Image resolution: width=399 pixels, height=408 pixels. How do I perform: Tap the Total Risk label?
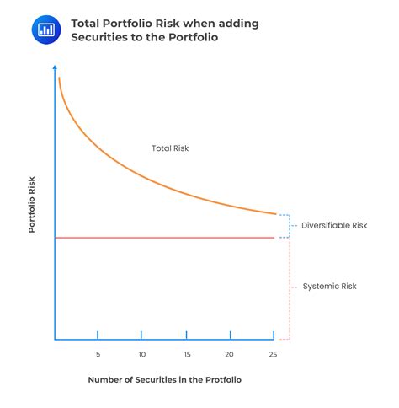click(170, 148)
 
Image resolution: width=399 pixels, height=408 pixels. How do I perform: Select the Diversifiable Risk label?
click(334, 226)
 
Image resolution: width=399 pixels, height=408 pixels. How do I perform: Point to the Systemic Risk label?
click(329, 287)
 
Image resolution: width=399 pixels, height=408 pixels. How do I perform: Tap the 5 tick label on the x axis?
click(98, 354)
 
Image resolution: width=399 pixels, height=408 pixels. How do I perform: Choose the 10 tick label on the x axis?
click(141, 354)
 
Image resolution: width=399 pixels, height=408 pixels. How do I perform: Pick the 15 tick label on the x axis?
click(186, 354)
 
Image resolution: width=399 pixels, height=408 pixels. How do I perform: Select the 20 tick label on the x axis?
click(230, 354)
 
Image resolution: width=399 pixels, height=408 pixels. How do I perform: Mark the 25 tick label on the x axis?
click(274, 354)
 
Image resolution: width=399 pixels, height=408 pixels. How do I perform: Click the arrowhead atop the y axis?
click(56, 67)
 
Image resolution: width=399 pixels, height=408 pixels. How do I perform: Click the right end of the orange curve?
click(275, 214)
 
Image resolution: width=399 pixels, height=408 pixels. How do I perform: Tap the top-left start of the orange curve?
click(59, 78)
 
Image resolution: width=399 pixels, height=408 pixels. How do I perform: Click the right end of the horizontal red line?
click(274, 238)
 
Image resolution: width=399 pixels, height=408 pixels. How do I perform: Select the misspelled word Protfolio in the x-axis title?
click(218, 380)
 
